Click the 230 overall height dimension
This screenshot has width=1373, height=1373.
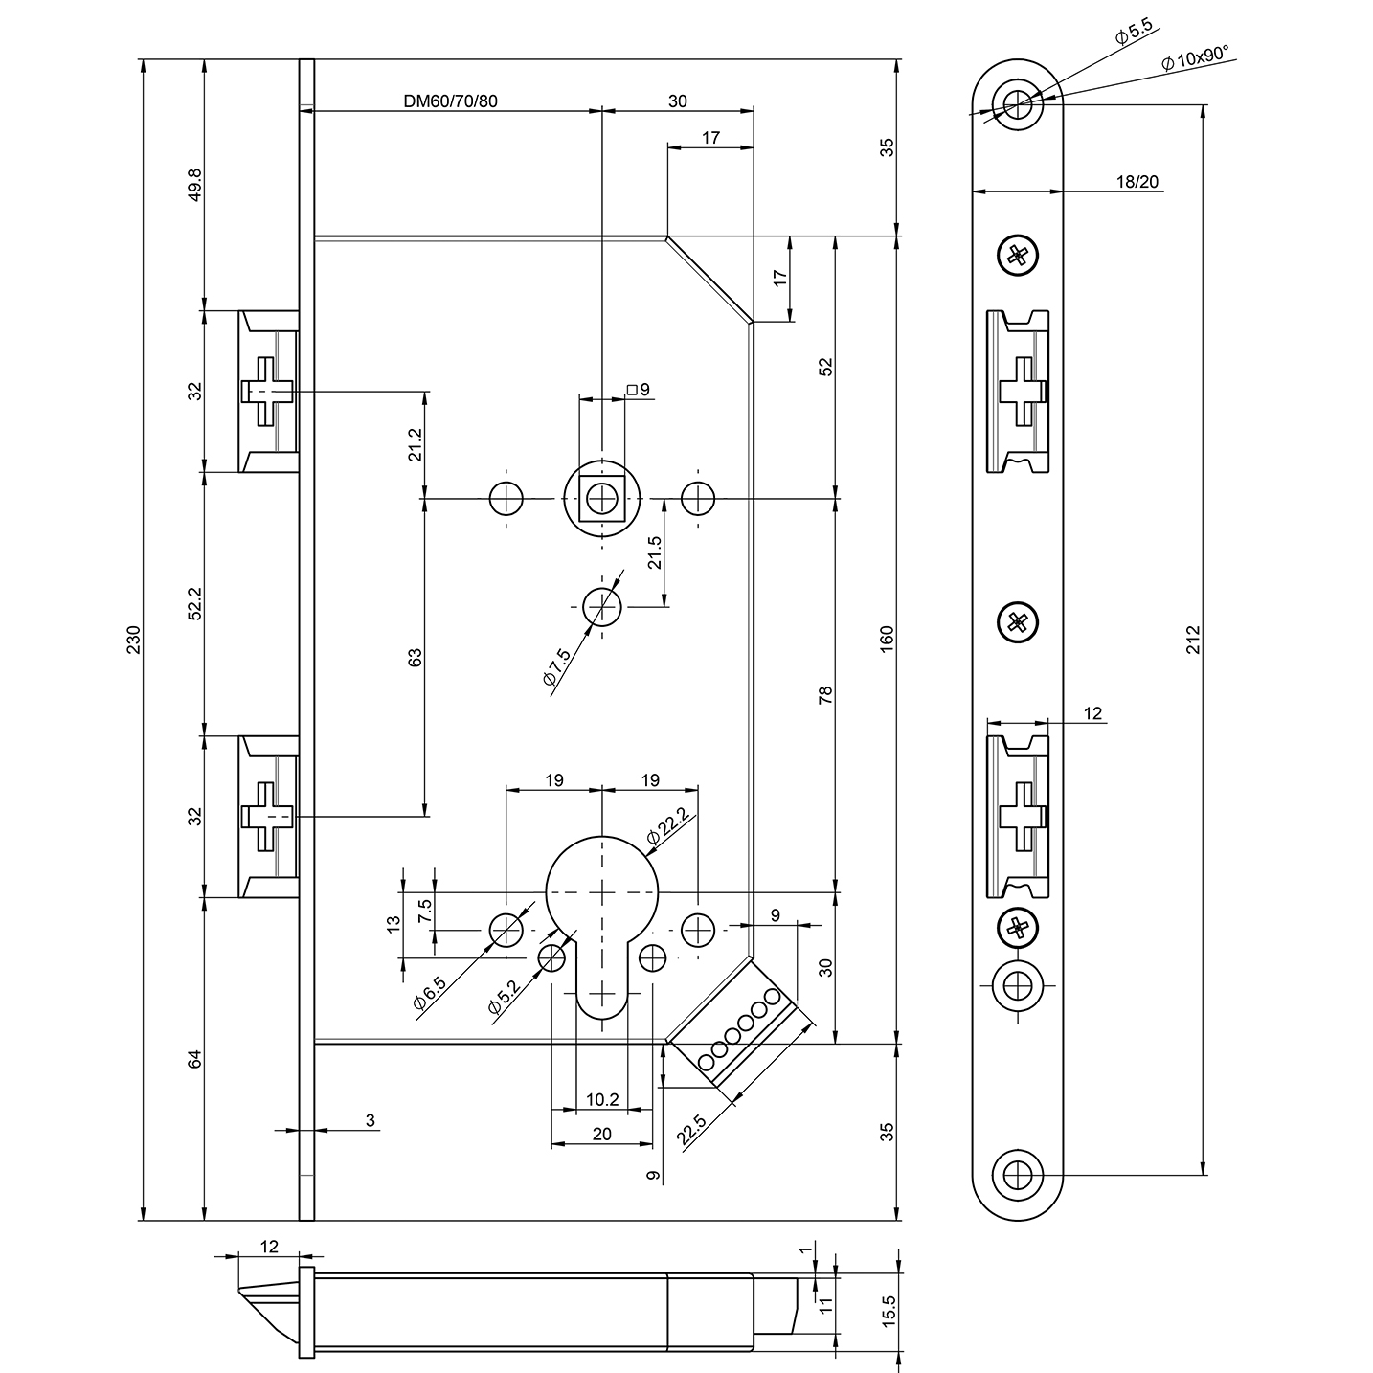[135, 640]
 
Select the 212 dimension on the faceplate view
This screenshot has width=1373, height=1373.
[1192, 640]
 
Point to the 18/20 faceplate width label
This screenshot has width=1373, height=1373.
[1137, 181]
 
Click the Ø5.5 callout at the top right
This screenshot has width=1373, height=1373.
[1133, 33]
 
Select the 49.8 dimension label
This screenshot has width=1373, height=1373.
[195, 185]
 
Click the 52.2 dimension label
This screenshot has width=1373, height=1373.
[195, 604]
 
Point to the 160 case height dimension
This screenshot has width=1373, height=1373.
[887, 640]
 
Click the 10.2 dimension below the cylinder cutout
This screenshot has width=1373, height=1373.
[601, 1099]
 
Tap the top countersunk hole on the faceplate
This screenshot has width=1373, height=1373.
[1018, 101]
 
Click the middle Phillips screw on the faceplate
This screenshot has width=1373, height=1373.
[1018, 622]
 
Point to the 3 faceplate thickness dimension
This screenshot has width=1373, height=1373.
[370, 1119]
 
